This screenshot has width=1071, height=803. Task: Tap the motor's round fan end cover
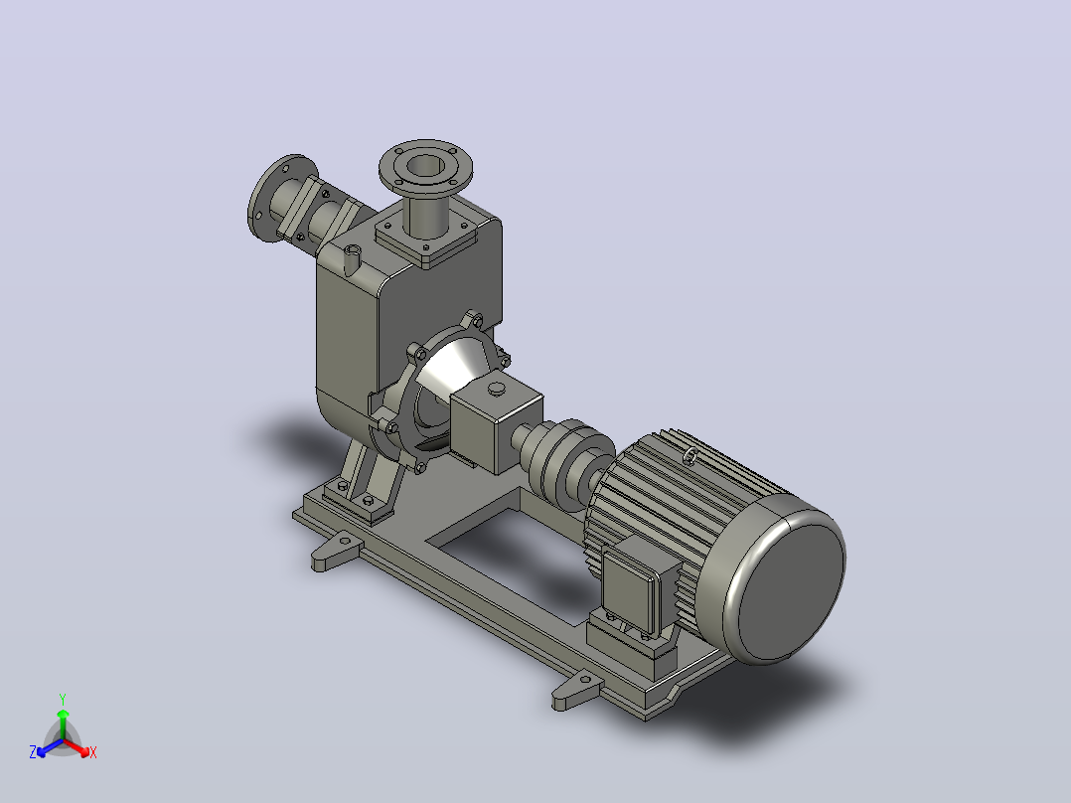point(786,579)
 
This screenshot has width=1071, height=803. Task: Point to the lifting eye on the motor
point(690,455)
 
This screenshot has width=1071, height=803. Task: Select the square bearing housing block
point(495,422)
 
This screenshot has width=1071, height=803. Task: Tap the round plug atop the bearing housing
point(497,389)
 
